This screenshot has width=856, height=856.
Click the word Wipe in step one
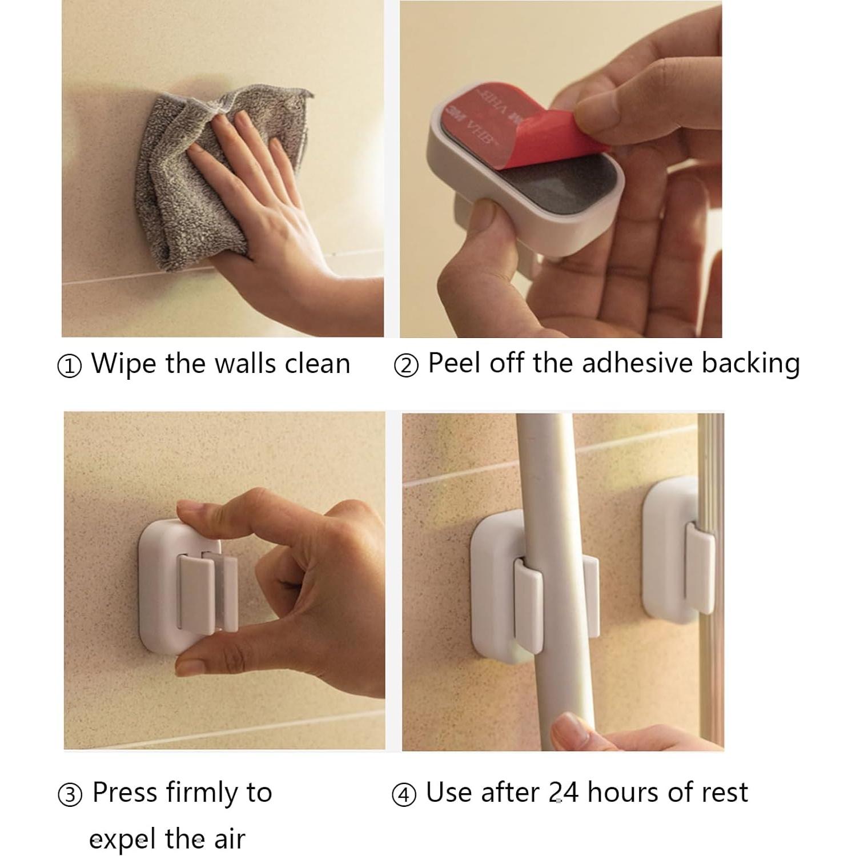pos(123,364)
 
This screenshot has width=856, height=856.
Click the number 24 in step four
pos(563,793)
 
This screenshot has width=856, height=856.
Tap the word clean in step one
pos(317,364)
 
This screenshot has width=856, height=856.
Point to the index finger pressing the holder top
pos(217,508)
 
